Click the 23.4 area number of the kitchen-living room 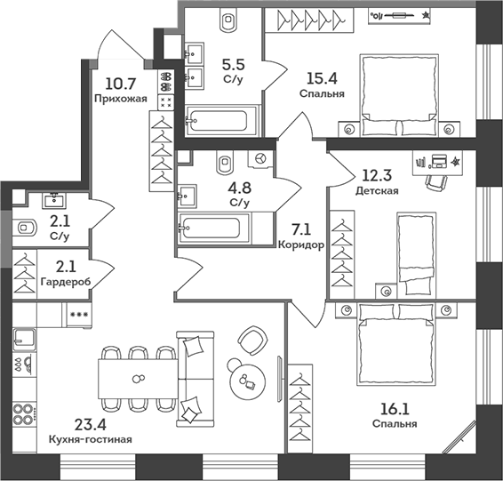point(90,424)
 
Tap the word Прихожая point(121,99)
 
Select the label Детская point(377,190)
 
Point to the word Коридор point(301,245)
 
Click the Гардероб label point(66,282)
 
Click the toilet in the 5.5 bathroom point(228,20)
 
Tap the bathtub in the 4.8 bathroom point(212,228)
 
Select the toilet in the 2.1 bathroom point(24,228)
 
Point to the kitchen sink point(24,340)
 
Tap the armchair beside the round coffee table point(252,341)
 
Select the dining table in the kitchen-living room point(138,379)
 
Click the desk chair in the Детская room point(435,183)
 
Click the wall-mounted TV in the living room point(279,379)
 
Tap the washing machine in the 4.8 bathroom point(260,158)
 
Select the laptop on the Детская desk point(439,161)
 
